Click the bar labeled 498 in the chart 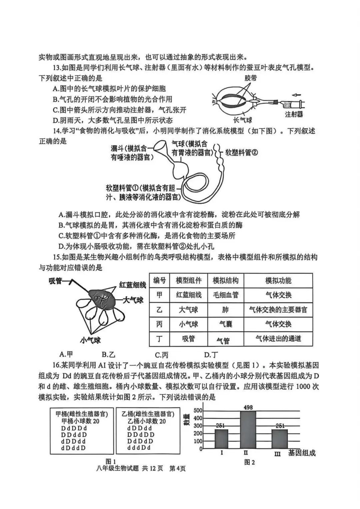click(x=249, y=430)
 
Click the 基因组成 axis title click(x=302, y=453)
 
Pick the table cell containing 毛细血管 click(x=225, y=295)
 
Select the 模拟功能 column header click(x=278, y=280)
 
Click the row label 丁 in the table click(x=159, y=339)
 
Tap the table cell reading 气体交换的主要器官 click(x=278, y=310)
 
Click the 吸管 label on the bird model click(x=56, y=281)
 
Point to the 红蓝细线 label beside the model click(x=133, y=285)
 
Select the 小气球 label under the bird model click(x=90, y=340)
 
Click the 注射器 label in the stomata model click(x=294, y=114)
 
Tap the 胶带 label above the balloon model click(x=250, y=78)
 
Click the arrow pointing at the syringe click(x=296, y=94)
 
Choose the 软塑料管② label click(x=242, y=152)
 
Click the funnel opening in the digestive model click(x=161, y=146)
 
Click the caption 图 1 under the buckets click(x=110, y=461)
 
